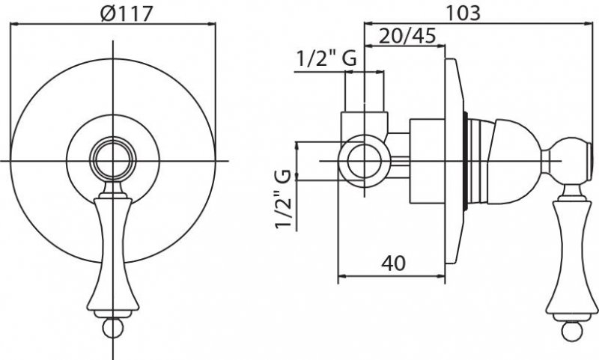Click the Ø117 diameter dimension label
point(127,13)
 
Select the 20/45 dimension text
point(407,36)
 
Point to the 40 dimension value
point(394,263)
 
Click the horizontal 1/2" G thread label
point(326,58)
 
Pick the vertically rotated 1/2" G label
point(284,199)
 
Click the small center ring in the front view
point(113,159)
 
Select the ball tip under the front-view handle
point(113,328)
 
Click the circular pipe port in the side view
point(364,161)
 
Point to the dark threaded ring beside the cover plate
point(465,160)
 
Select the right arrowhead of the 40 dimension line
point(441,275)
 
